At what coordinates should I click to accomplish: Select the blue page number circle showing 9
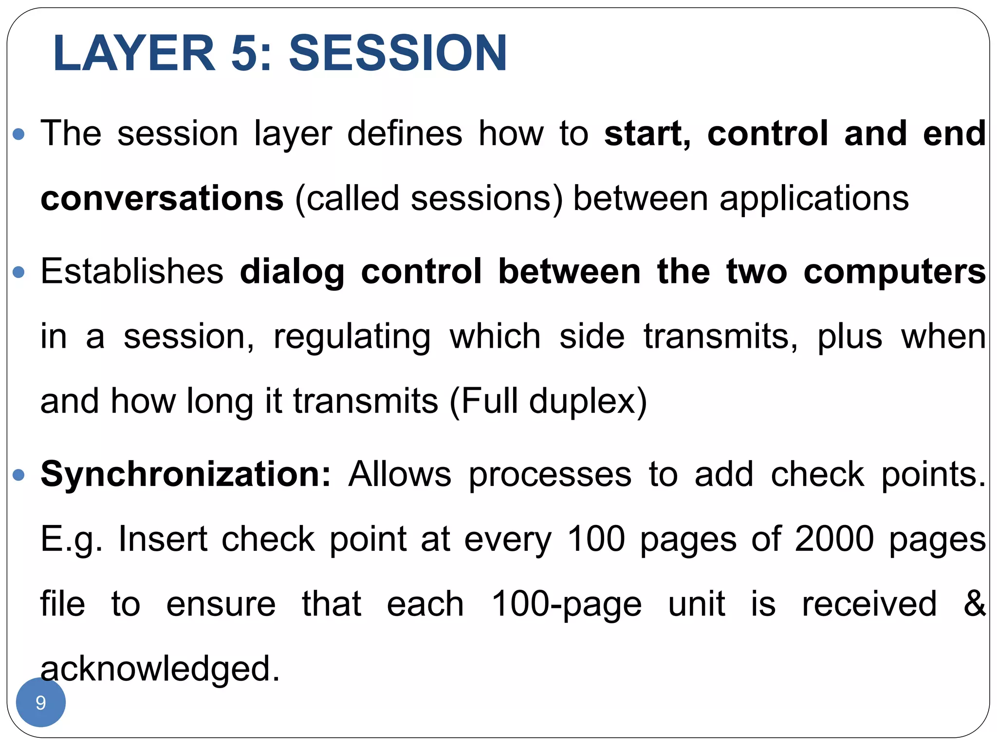[41, 702]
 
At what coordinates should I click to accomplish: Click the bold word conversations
[162, 199]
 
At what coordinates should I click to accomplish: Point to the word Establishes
[131, 271]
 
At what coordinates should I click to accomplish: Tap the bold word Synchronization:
[185, 474]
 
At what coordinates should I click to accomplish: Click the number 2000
[834, 539]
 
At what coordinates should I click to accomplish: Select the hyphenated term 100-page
[567, 604]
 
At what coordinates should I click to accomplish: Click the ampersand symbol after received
[974, 603]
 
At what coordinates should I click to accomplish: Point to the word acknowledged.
[160, 669]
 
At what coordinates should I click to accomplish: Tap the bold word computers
[894, 272]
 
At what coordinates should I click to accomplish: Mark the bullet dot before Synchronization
[18, 474]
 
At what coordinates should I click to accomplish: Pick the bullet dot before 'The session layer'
[18, 134]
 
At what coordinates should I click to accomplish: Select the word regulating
[352, 337]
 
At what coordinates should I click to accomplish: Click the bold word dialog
[292, 272]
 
